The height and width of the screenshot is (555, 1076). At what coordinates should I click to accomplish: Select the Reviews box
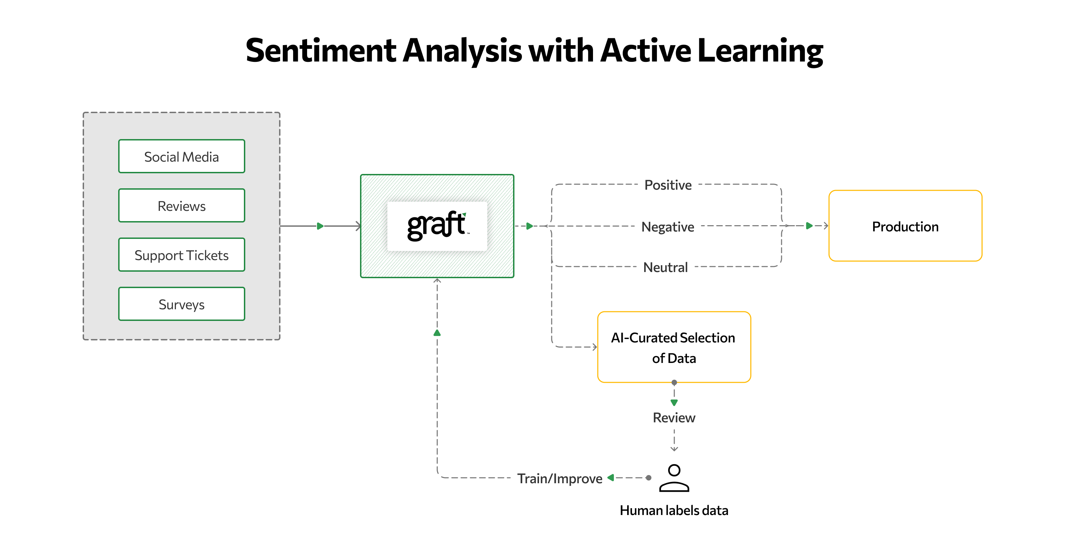click(x=181, y=206)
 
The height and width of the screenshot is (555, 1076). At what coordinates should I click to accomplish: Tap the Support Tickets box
click(x=181, y=255)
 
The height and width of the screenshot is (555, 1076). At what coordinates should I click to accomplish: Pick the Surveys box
click(x=181, y=304)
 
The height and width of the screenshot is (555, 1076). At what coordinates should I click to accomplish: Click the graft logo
click(x=437, y=226)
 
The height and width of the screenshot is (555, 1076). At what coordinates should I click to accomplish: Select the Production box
click(x=905, y=226)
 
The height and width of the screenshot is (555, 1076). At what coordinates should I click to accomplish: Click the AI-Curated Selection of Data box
click(x=673, y=347)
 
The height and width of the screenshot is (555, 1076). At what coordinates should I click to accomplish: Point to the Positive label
click(x=667, y=185)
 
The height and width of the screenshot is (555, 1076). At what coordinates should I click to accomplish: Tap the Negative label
click(x=667, y=227)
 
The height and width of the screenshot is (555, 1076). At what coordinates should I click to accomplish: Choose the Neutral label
click(x=665, y=267)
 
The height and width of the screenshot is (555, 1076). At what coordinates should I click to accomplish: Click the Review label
click(x=673, y=418)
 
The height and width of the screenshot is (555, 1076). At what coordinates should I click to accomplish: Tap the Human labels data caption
click(x=673, y=510)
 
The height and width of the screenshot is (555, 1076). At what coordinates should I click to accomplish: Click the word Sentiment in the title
click(x=320, y=51)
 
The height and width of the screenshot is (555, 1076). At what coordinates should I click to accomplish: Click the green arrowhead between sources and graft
click(x=320, y=226)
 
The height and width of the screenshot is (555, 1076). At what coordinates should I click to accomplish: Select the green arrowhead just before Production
click(x=809, y=226)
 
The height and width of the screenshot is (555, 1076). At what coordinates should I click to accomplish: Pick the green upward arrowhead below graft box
click(x=437, y=333)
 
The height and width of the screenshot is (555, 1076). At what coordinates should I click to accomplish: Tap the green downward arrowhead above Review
click(x=674, y=403)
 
